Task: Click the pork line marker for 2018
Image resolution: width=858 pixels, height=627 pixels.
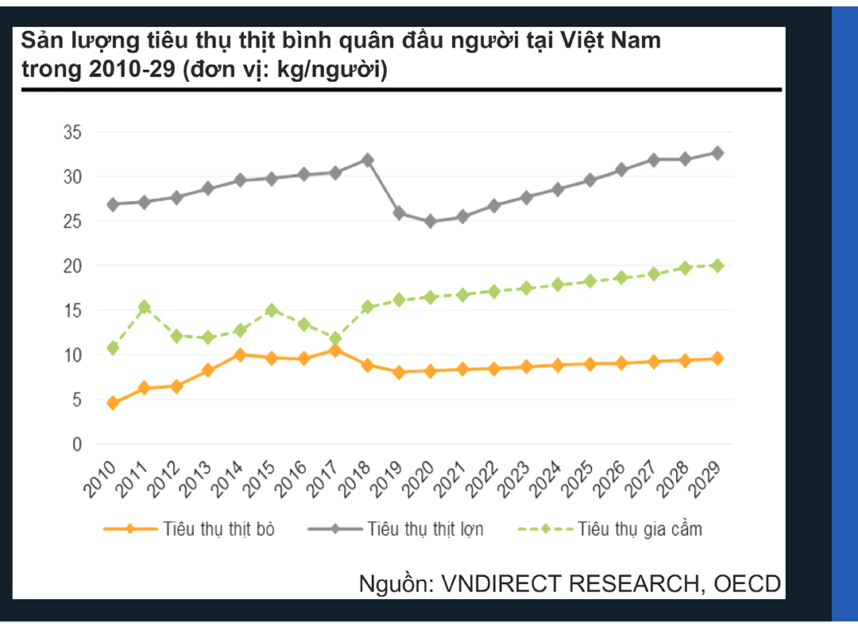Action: tap(367, 160)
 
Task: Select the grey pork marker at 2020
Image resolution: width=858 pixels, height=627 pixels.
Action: tap(431, 222)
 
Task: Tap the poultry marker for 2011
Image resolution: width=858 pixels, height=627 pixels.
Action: tap(145, 307)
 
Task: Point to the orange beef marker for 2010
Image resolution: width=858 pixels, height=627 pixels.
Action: tap(113, 403)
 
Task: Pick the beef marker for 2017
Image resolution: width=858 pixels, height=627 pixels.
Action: tap(335, 350)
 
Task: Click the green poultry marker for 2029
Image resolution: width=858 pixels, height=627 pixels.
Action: tap(717, 265)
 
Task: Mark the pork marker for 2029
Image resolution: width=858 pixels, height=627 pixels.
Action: tap(717, 153)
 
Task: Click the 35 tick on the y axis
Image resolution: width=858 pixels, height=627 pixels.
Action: tap(72, 133)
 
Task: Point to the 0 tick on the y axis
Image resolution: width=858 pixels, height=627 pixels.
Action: tap(77, 445)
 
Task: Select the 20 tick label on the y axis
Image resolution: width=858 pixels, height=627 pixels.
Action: tap(72, 266)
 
